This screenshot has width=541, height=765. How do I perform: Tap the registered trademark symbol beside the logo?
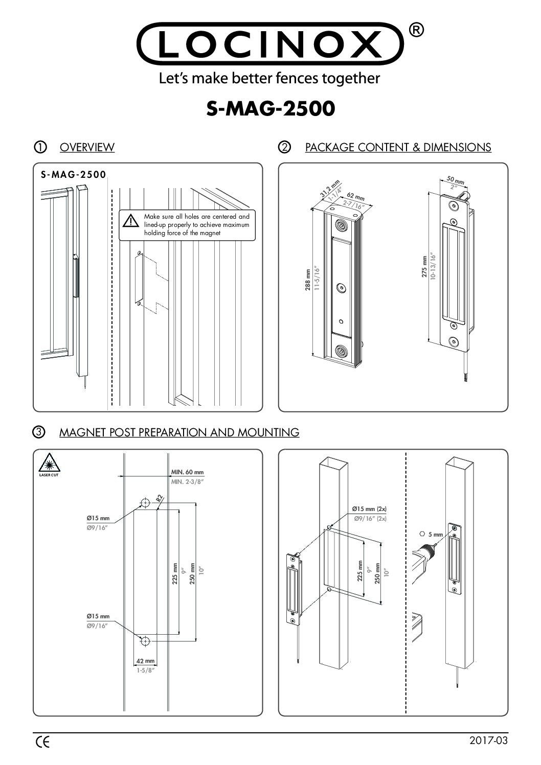(417, 31)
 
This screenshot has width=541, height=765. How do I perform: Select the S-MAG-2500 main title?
(270, 108)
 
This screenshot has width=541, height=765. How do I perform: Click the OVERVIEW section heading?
(87, 148)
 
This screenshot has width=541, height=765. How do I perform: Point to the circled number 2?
(284, 148)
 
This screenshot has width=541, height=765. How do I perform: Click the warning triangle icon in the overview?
(131, 221)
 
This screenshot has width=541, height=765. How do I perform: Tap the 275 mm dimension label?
(424, 266)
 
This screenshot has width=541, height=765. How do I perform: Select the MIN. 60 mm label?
(187, 472)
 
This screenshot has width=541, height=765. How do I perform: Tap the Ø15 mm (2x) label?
(369, 509)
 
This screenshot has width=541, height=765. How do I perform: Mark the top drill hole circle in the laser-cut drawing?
(146, 503)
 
